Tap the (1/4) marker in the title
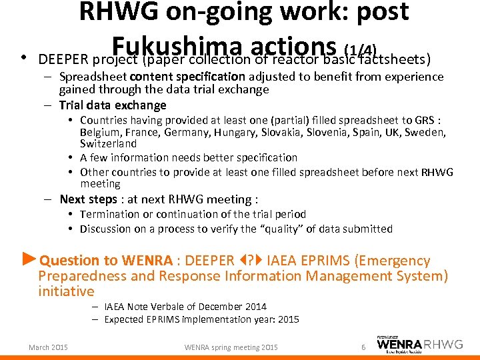pos(361,49)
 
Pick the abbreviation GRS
pos(424,121)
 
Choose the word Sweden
pos(425,133)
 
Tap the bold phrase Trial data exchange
pos(112,105)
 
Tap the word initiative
pos(66,291)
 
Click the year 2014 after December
pos(253,307)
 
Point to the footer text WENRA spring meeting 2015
pos(231,347)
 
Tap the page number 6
pos(363,347)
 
